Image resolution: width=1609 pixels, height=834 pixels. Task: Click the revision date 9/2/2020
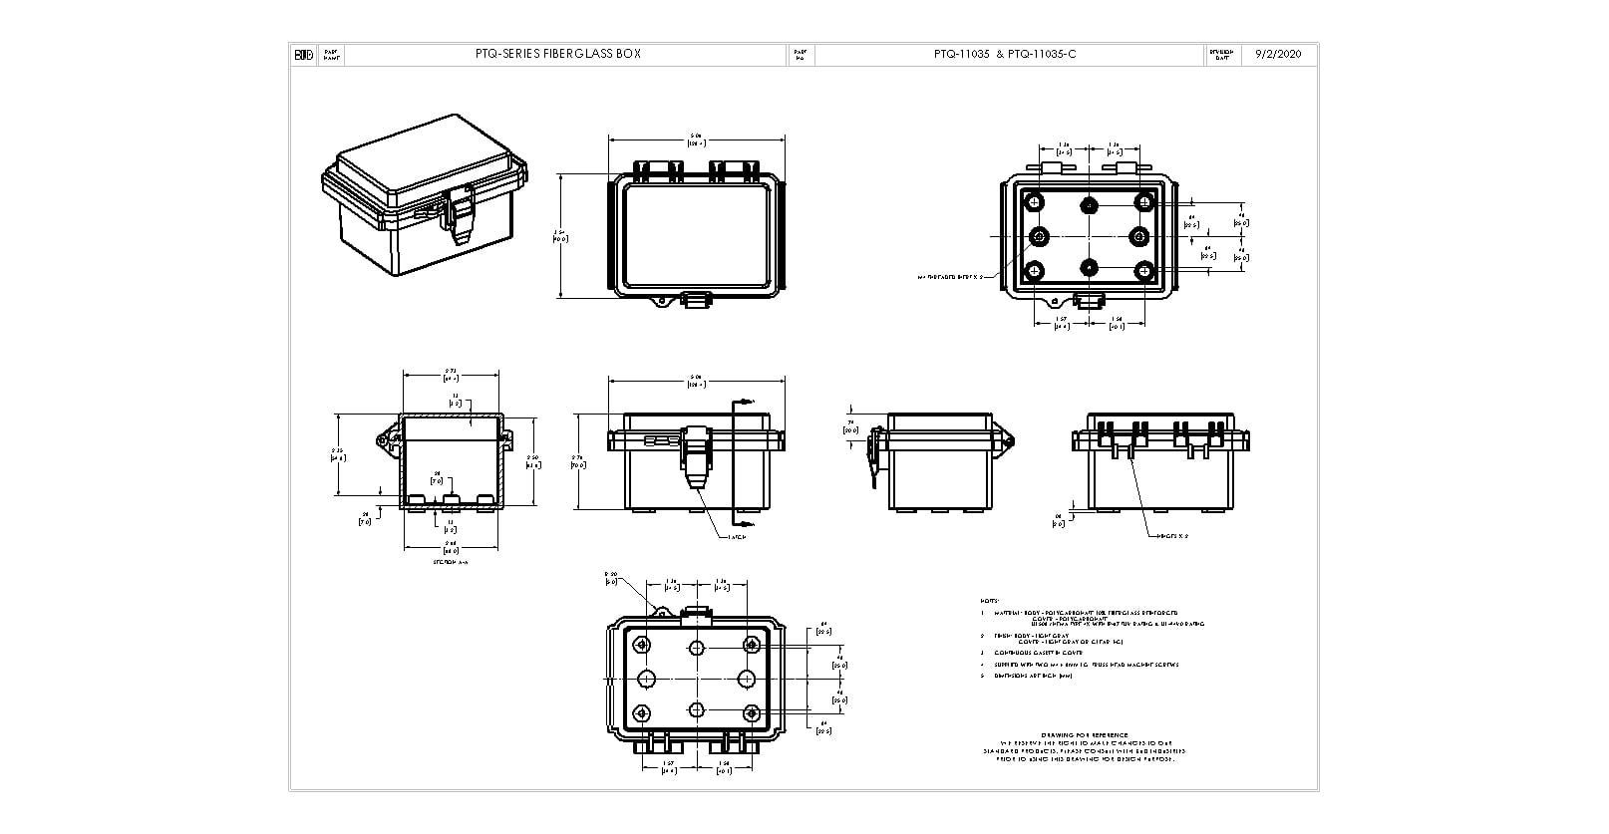(x=1278, y=55)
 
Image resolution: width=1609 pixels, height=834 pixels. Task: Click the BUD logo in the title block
(x=303, y=55)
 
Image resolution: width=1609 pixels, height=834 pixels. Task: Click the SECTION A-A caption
(x=451, y=562)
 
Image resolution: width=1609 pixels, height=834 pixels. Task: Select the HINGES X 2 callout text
(x=1172, y=536)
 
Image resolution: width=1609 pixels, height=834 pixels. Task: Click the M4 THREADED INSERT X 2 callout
(x=950, y=276)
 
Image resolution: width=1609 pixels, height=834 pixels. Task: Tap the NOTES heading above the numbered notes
(x=989, y=601)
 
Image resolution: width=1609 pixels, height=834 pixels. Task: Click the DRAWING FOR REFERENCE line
(x=1084, y=733)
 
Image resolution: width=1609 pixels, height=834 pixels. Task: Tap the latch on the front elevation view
(x=696, y=453)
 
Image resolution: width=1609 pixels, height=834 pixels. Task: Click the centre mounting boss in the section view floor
(x=451, y=499)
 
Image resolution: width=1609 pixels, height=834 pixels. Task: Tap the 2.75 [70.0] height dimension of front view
(x=582, y=458)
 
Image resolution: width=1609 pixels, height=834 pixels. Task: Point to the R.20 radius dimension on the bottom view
(x=611, y=578)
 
